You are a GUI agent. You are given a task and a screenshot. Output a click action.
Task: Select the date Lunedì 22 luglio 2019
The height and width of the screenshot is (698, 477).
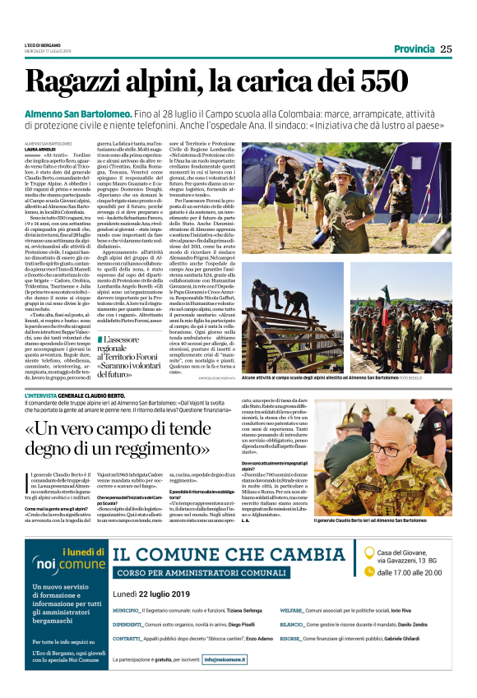151,594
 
